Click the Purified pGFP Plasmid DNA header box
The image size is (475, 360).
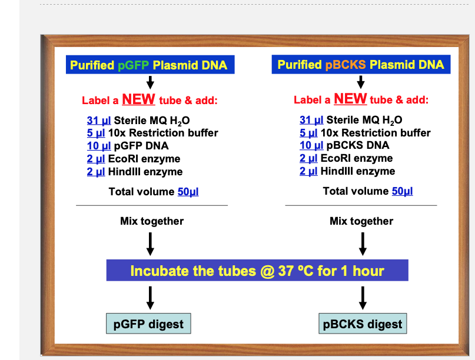[x=149, y=65]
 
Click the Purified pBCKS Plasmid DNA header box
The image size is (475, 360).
[x=361, y=64]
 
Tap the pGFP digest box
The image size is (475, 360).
[x=148, y=324]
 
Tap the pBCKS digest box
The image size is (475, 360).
[x=363, y=324]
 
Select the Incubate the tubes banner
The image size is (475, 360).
[x=257, y=271]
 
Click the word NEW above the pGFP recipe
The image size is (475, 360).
[x=138, y=99]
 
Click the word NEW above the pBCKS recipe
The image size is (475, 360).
[x=350, y=98]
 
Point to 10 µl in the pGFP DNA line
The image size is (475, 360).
[x=98, y=146]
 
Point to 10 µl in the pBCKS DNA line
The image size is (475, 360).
[x=311, y=145]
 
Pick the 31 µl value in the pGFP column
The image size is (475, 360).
[x=98, y=121]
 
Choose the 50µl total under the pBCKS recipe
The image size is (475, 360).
[x=402, y=191]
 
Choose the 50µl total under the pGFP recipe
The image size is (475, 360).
[x=188, y=192]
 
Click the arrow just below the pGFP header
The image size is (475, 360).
[x=150, y=82]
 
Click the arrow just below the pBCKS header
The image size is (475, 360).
[x=361, y=81]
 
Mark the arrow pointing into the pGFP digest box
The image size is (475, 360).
[x=150, y=298]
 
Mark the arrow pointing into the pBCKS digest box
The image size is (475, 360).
[x=363, y=298]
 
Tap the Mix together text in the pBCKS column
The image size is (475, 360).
[x=361, y=221]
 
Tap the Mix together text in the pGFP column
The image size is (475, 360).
[x=152, y=221]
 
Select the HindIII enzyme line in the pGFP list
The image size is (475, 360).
[x=135, y=172]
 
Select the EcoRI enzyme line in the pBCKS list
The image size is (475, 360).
[x=346, y=158]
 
